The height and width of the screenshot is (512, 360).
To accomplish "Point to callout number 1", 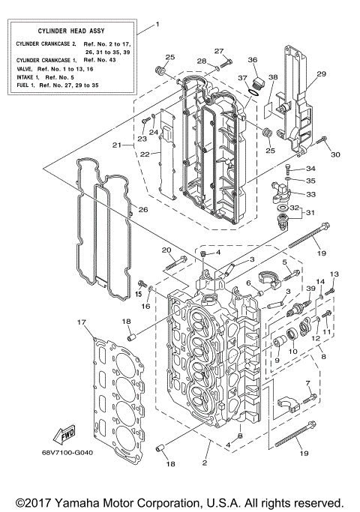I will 157,24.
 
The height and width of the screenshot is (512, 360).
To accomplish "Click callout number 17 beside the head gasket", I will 81,322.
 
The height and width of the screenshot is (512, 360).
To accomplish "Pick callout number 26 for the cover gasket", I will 143,210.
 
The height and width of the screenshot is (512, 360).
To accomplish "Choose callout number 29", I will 322,73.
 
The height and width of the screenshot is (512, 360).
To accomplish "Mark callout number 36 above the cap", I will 252,60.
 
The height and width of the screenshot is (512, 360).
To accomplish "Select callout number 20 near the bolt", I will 166,250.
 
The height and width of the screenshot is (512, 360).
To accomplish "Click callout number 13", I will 334,274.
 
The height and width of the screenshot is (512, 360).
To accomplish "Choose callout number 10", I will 293,352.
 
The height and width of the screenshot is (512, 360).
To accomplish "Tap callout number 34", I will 311,169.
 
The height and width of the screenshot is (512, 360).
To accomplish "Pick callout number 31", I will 311,212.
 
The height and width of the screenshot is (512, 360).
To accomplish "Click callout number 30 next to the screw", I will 335,154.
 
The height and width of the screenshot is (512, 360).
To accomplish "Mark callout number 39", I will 310,289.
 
